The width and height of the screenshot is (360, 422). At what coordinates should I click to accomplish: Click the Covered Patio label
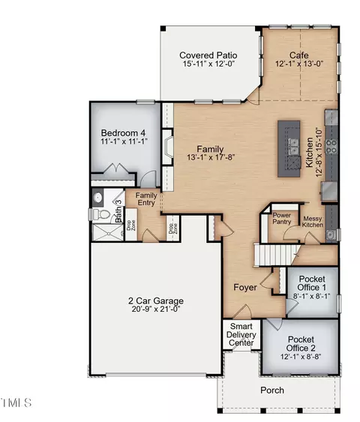(208, 55)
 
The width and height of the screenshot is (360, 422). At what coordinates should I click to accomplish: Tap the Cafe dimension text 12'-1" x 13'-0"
(299, 64)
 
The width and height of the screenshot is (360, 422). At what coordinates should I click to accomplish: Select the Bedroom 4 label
(123, 133)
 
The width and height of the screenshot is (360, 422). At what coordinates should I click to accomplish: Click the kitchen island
(289, 148)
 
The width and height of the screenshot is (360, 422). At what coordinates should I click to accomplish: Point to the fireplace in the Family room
(168, 147)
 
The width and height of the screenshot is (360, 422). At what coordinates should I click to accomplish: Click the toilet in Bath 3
(100, 214)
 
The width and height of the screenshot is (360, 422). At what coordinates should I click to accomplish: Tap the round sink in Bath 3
(97, 197)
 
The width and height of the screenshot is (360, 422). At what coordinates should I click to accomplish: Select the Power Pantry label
(282, 219)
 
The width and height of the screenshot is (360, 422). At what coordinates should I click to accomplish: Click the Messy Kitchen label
(313, 222)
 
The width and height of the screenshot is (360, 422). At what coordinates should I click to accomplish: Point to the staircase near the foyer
(276, 254)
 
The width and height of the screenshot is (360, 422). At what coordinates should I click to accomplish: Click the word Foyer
(245, 287)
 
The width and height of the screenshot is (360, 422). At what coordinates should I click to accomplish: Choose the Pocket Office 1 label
(312, 283)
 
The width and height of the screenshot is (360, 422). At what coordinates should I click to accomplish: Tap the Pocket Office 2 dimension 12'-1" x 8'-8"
(301, 357)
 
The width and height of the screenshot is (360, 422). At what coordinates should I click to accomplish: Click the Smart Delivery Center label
(241, 334)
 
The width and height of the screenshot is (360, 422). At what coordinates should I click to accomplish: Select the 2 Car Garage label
(156, 301)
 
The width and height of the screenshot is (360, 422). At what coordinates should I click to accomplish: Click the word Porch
(272, 391)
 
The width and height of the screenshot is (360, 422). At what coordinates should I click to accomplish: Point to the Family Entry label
(146, 199)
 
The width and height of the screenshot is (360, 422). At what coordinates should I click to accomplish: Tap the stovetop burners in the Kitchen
(331, 146)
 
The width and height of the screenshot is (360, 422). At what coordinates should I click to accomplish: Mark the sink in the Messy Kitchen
(331, 235)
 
